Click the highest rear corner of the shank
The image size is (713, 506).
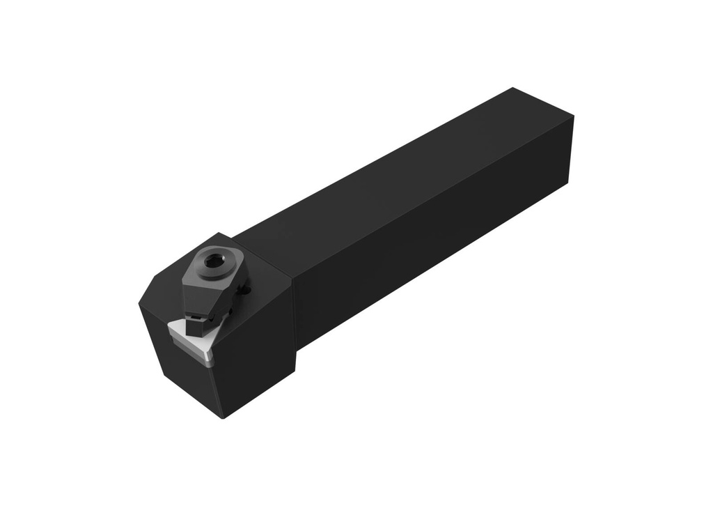[513, 88]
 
